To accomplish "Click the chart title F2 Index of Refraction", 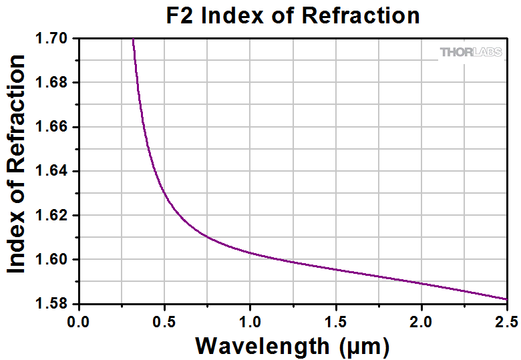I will click(293, 15).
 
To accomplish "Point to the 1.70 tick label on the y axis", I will click(54, 39).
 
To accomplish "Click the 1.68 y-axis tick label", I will click(54, 83).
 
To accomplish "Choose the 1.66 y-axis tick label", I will click(54, 127).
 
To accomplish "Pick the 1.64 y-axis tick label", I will click(54, 171).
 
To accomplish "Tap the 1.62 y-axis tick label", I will click(54, 215).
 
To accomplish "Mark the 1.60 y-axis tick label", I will click(54, 259).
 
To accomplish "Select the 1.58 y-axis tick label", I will click(54, 303).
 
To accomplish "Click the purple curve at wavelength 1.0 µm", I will click(250, 252).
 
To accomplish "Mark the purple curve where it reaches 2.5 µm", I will click(506, 299).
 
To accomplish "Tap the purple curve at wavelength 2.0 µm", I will click(421, 283).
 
